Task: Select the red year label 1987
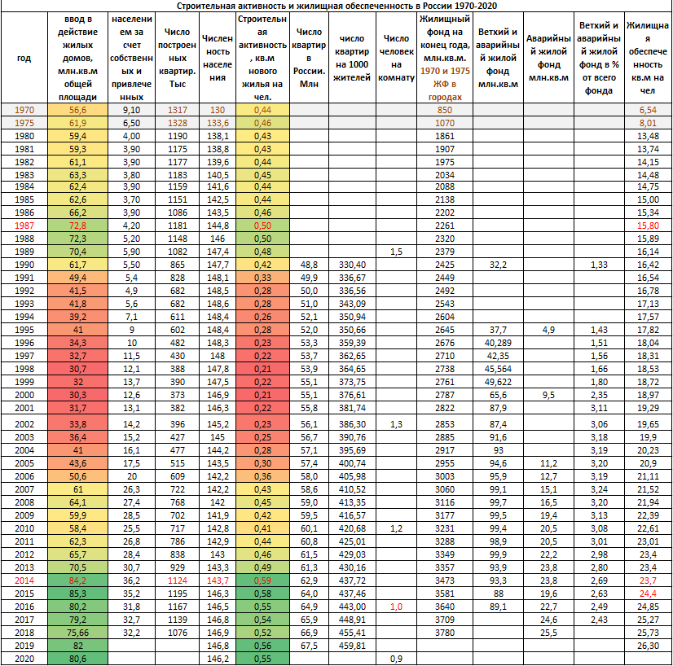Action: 24,225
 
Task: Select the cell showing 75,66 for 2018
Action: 78,633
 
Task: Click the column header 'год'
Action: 24,58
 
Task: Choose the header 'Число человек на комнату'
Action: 396,58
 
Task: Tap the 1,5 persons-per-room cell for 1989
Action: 396,252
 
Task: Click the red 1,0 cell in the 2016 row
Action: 396,607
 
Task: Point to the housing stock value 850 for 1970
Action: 445,109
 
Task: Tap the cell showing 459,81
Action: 352,646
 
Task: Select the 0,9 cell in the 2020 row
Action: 396,658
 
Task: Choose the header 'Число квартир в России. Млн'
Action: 308,58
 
